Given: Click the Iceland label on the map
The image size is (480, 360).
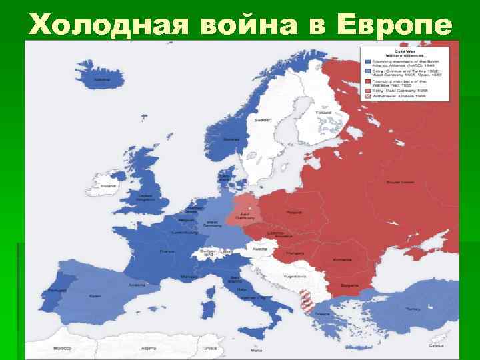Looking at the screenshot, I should (102, 79).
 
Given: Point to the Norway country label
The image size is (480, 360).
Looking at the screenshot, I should (231, 139).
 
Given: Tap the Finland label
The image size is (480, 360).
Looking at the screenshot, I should (323, 112).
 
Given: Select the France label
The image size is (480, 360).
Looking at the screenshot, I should (167, 251).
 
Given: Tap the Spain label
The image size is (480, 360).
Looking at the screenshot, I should (95, 296).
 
